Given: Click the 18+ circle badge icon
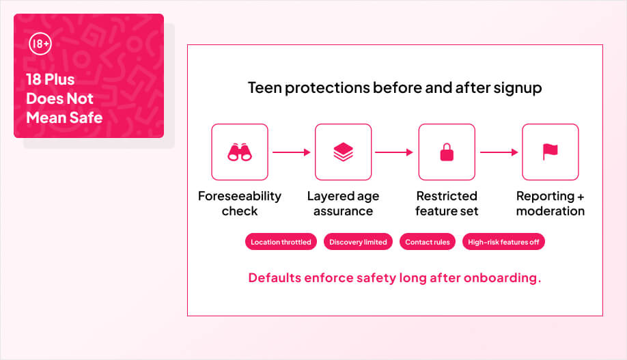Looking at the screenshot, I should (x=40, y=45).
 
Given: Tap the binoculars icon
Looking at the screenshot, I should (x=239, y=152).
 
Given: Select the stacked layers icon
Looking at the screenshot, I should (x=343, y=152).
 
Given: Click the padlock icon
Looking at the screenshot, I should (x=447, y=152).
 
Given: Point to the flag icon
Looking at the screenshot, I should (x=550, y=152).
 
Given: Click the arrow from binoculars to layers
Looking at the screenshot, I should (x=292, y=152).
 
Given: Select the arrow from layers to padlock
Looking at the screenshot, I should (x=394, y=152).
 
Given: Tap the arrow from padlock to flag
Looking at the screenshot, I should (x=499, y=152).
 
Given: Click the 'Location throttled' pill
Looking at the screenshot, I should (x=281, y=242).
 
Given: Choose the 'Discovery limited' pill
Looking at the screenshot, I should (x=358, y=242).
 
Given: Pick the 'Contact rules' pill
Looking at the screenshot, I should (x=427, y=242).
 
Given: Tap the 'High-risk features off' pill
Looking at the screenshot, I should (x=503, y=242).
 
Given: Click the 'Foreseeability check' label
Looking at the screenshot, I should (x=239, y=204).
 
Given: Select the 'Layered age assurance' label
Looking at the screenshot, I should (x=343, y=204).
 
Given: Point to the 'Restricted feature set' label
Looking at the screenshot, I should (x=447, y=204).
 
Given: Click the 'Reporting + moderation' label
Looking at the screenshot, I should (x=550, y=204).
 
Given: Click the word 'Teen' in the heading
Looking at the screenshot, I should (x=263, y=88).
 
